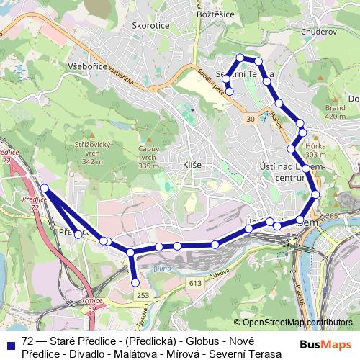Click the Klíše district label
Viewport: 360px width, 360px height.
click(192, 165)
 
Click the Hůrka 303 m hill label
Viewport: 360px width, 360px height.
click(316, 148)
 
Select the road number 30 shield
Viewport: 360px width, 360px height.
click(250, 118)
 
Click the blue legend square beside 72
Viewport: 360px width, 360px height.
click(10, 343)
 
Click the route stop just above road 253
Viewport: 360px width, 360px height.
click(136, 283)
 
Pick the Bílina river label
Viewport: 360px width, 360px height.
click(157, 268)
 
